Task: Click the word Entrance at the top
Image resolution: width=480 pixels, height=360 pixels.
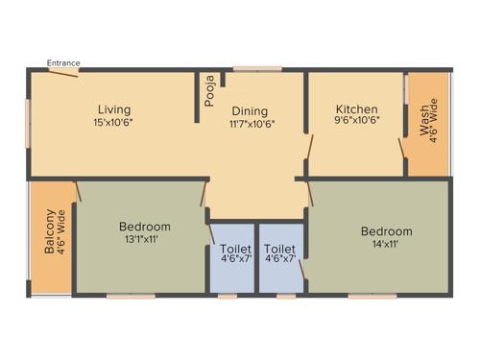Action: (x=64, y=63)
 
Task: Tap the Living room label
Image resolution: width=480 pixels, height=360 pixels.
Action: (x=112, y=109)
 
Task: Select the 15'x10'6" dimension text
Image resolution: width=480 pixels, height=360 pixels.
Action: (x=112, y=123)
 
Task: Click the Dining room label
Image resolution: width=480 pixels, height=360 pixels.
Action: (x=248, y=111)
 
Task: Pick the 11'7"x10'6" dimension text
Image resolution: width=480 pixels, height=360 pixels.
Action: (x=252, y=124)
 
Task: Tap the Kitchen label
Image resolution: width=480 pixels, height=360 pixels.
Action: (x=356, y=109)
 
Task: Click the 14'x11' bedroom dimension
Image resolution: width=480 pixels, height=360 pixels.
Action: (x=386, y=245)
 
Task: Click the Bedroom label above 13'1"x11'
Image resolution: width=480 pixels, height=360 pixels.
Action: (x=145, y=227)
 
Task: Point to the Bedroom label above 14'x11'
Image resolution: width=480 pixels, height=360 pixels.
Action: (x=386, y=231)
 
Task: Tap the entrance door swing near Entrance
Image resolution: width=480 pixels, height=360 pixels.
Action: (x=64, y=73)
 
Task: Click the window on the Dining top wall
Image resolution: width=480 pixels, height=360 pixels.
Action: (x=252, y=69)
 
